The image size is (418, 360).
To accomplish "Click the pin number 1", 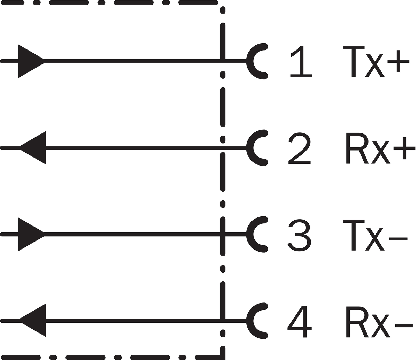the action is coord(301,61).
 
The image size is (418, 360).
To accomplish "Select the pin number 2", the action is coord(299,148).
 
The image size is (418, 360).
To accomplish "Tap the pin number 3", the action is coord(299,235).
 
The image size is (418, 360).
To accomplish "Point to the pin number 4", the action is coord(300,321).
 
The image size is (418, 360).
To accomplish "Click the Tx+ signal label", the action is coord(376,61).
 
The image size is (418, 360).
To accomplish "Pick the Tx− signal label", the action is coord(375,235).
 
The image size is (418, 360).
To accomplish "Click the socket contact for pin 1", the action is coord(250,61).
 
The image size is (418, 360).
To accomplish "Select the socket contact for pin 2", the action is coord(250,148).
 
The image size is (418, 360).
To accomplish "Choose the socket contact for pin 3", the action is coord(250,234).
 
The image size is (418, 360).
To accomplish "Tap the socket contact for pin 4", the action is coord(250,321).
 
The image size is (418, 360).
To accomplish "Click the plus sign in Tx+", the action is coord(398,61).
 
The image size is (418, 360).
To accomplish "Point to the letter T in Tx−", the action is coord(354,235).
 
